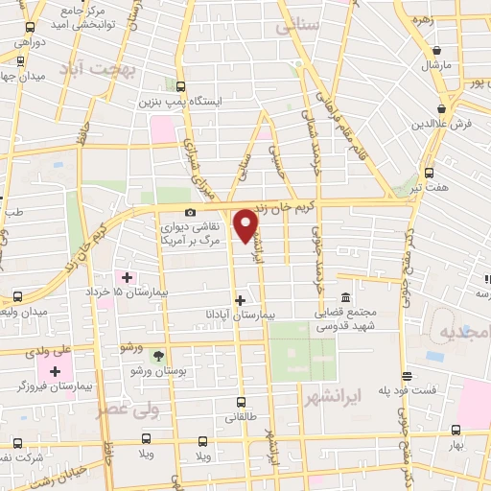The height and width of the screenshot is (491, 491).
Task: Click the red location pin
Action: click(246, 225)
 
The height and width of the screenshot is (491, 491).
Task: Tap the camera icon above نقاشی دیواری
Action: click(190, 212)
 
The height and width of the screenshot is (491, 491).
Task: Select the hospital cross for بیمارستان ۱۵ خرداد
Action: click(127, 277)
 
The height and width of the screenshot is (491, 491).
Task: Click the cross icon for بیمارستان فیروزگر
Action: click(55, 371)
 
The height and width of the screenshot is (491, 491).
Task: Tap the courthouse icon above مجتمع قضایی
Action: click(345, 297)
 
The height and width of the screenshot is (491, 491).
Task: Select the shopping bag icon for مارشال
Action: click(436, 51)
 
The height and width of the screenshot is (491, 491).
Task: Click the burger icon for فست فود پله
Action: click(407, 377)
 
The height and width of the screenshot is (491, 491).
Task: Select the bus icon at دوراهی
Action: click(31, 29)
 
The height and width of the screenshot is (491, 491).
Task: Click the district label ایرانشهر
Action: click(329, 394)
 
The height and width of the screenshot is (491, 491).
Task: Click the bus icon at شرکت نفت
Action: click(17, 442)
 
